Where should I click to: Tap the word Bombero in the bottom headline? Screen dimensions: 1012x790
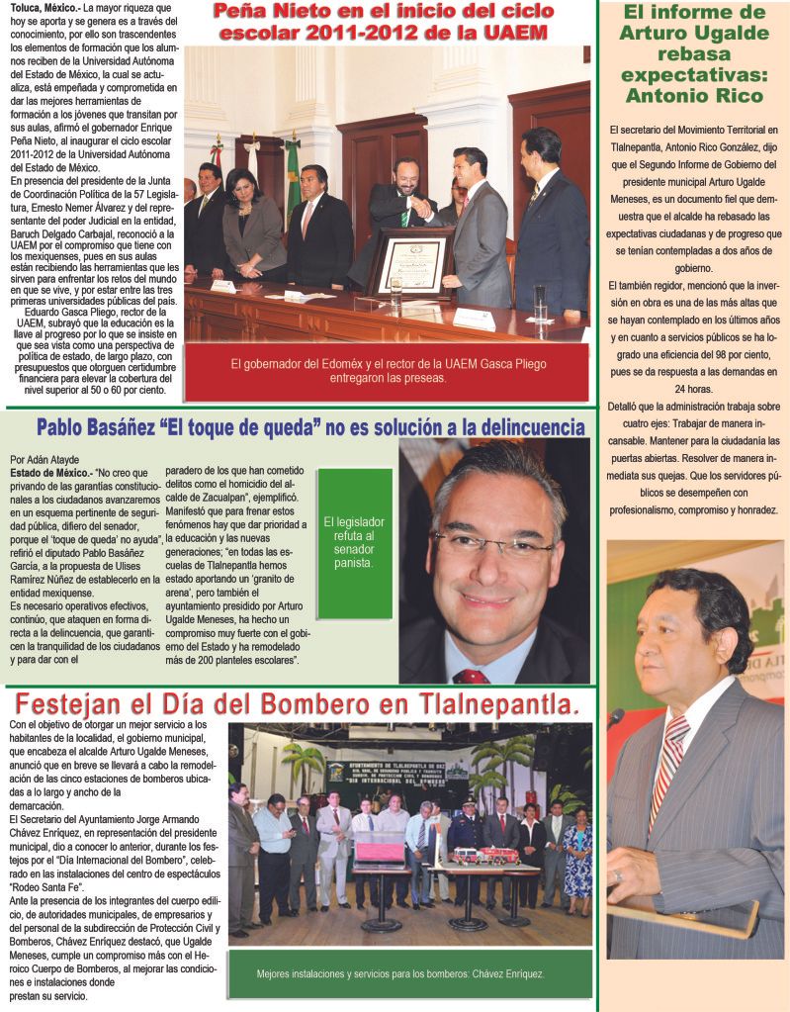pos(271,704)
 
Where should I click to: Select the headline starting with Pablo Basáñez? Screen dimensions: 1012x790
pos(310,427)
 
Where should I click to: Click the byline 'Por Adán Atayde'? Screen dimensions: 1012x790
pos(44,459)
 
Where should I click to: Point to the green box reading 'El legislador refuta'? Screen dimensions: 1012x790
pos(354,542)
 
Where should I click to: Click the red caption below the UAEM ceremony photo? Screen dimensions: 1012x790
pos(388,371)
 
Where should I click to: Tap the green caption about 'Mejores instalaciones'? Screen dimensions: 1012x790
pos(400,973)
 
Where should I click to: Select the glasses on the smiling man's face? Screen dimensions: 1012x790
pos(491,544)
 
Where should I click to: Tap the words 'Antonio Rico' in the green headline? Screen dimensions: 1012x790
pos(694,96)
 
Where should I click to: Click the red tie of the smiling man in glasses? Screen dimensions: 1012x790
pos(472,676)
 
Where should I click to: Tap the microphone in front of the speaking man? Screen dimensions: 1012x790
pos(615,717)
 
